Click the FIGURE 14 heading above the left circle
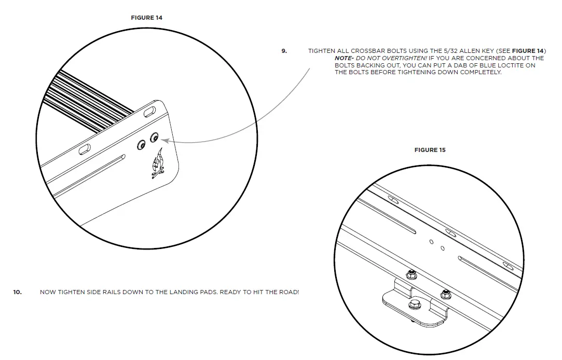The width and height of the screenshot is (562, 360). point(146,18)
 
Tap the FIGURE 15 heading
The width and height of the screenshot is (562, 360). point(430,150)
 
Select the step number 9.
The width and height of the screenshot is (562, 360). point(284,51)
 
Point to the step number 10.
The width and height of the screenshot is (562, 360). point(18,292)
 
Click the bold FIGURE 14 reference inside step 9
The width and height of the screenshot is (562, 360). point(527,51)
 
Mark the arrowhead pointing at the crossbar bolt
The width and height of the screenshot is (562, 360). point(164,140)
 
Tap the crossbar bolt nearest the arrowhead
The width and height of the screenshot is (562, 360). point(154,138)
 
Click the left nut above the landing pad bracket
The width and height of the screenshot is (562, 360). point(411,273)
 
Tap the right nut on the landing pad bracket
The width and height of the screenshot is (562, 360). point(444,295)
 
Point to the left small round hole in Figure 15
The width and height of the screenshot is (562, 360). point(431,241)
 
